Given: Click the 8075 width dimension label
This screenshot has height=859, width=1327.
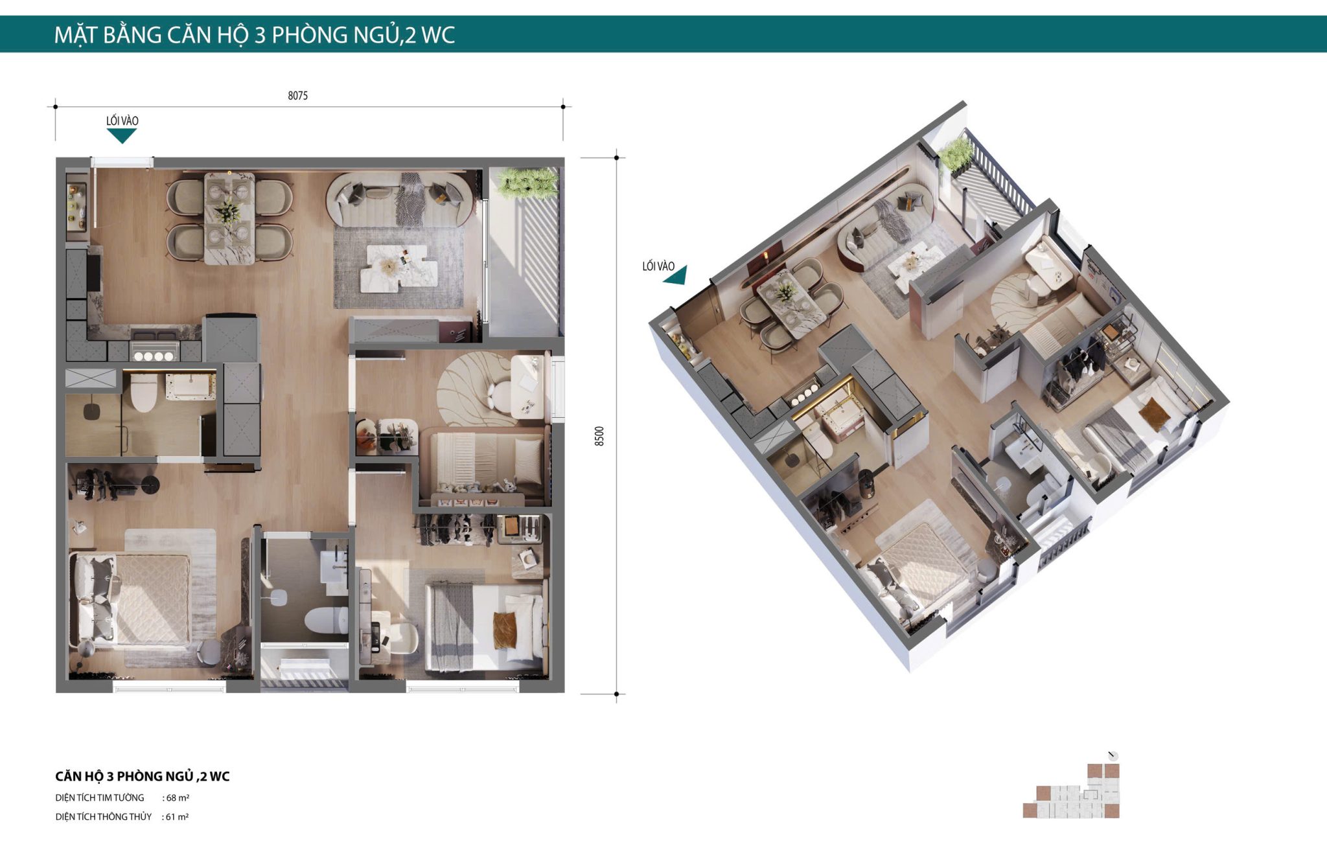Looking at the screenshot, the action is (x=297, y=96).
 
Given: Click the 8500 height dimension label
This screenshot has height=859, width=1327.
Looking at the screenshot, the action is (x=599, y=436).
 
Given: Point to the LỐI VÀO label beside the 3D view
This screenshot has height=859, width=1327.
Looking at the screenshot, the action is (x=658, y=266).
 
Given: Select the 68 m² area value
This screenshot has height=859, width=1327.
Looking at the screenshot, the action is (x=178, y=798).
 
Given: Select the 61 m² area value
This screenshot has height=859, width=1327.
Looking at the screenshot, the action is (x=177, y=817).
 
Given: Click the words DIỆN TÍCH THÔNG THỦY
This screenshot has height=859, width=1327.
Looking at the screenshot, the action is (x=104, y=817).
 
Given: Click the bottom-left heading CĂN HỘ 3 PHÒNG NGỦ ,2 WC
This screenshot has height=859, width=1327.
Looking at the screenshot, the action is (x=143, y=776).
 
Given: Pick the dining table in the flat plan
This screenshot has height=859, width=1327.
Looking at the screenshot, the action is (x=229, y=218).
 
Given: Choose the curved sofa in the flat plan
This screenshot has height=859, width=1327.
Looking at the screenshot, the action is (x=400, y=199).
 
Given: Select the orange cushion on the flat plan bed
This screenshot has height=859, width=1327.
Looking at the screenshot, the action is (x=505, y=630).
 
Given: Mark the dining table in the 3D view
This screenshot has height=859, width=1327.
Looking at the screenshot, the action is (x=790, y=301).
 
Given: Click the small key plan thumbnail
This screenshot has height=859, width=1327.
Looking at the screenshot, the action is (x=1072, y=790).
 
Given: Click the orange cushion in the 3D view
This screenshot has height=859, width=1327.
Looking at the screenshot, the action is (x=1154, y=413).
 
